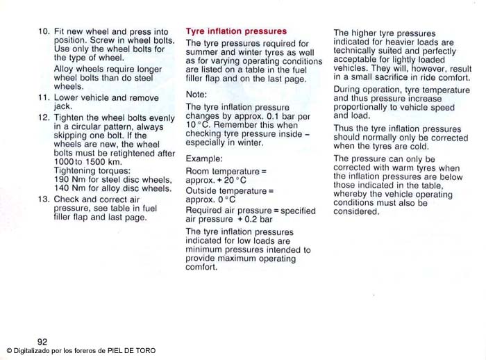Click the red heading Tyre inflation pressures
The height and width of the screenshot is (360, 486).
(236, 31)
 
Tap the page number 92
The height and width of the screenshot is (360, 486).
(42, 341)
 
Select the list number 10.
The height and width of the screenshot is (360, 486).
(44, 32)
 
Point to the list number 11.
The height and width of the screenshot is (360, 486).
(44, 98)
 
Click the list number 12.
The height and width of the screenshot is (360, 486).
(44, 118)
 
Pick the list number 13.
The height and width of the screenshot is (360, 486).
(44, 199)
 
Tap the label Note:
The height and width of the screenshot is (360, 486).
(197, 94)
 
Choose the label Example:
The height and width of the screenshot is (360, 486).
(204, 158)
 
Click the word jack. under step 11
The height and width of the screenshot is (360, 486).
(63, 107)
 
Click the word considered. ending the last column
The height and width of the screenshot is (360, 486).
(356, 212)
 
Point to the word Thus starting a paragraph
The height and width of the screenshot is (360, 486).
(344, 129)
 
